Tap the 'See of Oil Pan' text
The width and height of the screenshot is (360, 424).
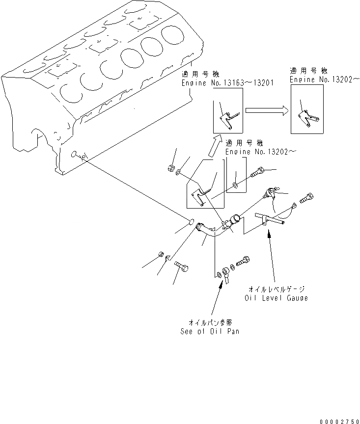210,331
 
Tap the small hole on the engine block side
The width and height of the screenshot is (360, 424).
74,154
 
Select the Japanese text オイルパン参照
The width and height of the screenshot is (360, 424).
210,322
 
